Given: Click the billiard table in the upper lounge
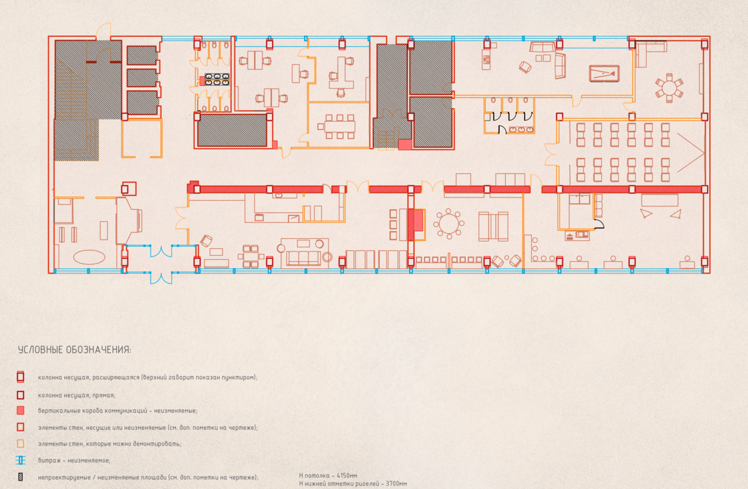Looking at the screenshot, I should click(x=603, y=74).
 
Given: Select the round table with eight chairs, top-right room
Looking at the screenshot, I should click(x=669, y=88).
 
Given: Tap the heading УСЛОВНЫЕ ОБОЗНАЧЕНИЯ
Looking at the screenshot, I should click(x=75, y=350).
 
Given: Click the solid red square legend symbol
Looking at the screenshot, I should click(x=21, y=410).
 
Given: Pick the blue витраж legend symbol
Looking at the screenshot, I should click(x=21, y=460).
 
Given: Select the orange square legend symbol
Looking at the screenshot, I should click(x=21, y=444).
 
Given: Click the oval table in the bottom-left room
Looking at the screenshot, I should click(x=89, y=257).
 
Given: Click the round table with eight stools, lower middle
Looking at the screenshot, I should click(x=449, y=224).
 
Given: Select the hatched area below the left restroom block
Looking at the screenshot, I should click(x=232, y=130).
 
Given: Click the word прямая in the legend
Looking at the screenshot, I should click(x=105, y=395).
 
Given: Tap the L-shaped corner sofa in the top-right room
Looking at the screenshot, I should click(x=649, y=52).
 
